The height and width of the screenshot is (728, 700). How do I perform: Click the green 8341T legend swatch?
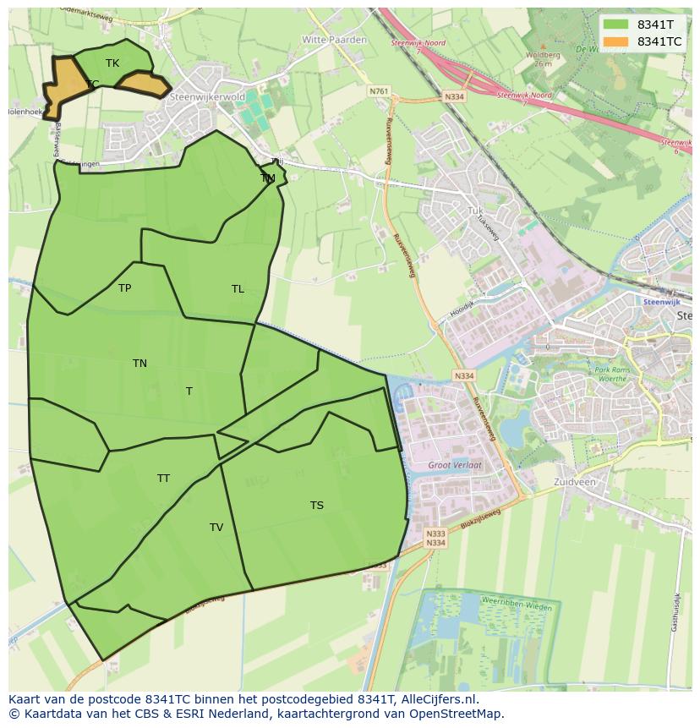(616, 25)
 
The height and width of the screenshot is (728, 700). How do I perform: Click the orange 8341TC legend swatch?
(616, 41)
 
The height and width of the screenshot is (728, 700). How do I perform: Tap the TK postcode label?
(112, 63)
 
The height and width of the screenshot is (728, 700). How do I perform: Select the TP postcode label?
(124, 288)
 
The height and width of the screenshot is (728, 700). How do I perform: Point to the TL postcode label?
(238, 289)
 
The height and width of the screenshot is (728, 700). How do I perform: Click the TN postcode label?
(139, 364)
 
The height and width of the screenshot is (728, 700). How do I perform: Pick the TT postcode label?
(163, 479)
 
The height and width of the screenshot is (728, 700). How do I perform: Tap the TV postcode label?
(216, 528)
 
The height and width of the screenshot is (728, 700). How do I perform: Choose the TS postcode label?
(316, 506)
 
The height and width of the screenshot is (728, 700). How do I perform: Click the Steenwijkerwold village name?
(207, 97)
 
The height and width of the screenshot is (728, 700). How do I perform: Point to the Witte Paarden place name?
(335, 40)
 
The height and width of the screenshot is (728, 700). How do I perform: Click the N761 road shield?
(379, 91)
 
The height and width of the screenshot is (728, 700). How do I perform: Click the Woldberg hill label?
(543, 56)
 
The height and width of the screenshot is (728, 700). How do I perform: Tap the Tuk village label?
(475, 211)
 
